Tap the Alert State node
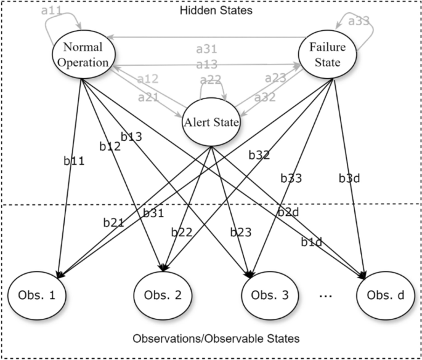[211, 122]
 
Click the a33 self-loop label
[359, 21]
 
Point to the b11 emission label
[74, 161]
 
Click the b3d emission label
[350, 178]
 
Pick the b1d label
[312, 242]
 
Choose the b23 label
[241, 232]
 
